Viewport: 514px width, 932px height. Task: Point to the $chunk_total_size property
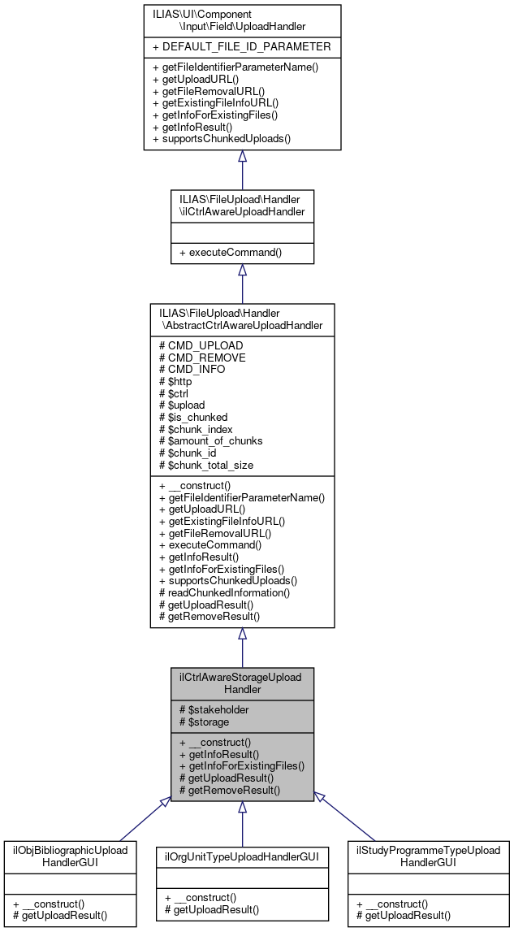pos(209,465)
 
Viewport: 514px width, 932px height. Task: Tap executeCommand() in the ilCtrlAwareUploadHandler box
pos(230,252)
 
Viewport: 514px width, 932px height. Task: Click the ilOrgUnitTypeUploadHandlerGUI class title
pos(242,856)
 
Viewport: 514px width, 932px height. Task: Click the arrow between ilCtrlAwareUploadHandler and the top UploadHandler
pos(242,171)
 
